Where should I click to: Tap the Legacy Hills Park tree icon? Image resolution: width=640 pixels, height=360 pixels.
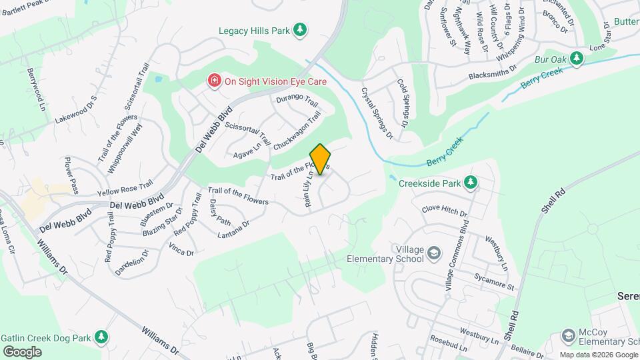coord(301,30)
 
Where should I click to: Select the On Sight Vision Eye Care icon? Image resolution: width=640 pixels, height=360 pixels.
coord(215,81)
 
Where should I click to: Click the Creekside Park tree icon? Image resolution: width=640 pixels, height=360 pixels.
coord(471,182)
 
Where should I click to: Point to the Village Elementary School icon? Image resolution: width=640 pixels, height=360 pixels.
coord(434,253)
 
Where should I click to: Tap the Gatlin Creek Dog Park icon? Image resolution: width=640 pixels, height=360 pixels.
coord(101,338)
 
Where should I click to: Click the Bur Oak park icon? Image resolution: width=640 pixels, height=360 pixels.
coord(577,59)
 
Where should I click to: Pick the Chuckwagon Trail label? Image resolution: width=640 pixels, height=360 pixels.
coord(297,129)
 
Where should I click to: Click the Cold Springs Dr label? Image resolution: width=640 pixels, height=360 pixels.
coord(403,103)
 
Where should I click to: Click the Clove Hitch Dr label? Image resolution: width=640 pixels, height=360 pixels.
coord(445,211)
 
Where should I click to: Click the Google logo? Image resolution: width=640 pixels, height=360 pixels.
coord(23,351)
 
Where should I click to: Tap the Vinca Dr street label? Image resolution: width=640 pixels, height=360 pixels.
coord(181,250)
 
